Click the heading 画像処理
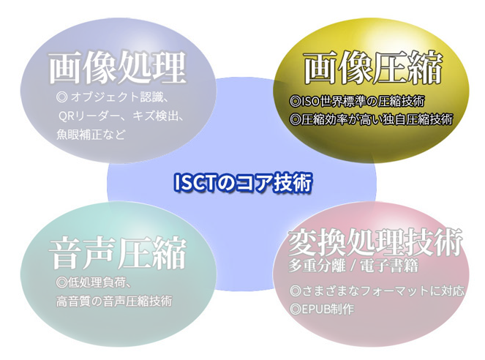click(x=118, y=67)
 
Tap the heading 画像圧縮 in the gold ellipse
click(x=373, y=67)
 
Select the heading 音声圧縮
click(x=118, y=252)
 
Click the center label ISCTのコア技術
click(x=243, y=183)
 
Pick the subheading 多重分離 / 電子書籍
click(x=353, y=265)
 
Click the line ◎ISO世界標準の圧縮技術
click(x=357, y=101)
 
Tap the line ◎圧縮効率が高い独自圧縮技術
click(x=371, y=119)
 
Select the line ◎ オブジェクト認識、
click(x=112, y=97)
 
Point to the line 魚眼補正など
click(x=91, y=135)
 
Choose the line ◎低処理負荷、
click(x=94, y=282)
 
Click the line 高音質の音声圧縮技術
click(x=114, y=301)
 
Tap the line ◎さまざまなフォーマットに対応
click(x=377, y=290)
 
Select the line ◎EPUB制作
click(x=322, y=309)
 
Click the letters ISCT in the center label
click(x=195, y=183)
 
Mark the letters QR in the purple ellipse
click(x=65, y=116)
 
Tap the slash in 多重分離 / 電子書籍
click(x=353, y=266)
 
